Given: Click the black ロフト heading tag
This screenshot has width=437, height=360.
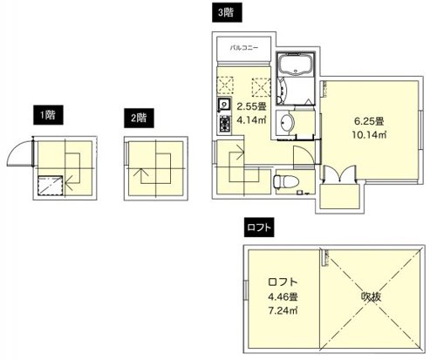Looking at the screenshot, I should pos(258,228).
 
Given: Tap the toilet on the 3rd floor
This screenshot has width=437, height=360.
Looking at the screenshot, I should pos(280,182).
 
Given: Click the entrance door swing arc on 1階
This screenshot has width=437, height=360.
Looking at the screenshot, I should pos(19,156).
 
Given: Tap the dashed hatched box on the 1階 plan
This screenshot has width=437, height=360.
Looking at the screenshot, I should pos(51,185).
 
